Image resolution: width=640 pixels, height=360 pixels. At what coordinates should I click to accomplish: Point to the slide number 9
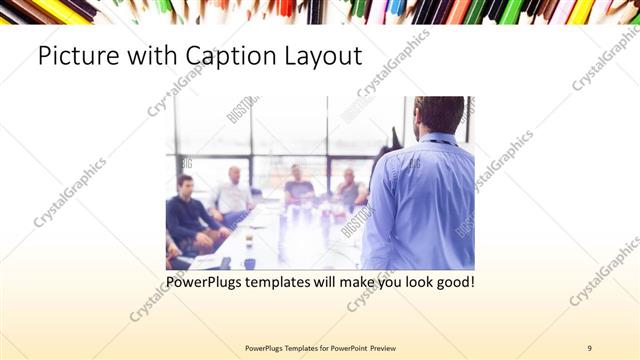tap(590, 348)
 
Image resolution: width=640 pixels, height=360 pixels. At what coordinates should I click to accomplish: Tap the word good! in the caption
tap(455, 283)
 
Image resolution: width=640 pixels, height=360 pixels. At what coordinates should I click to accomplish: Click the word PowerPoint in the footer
tap(346, 348)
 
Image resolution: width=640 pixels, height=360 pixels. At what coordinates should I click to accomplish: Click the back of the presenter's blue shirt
tap(420, 200)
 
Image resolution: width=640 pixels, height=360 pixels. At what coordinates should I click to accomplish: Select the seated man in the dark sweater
tap(188, 215)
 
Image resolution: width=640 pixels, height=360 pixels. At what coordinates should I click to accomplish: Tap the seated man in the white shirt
tap(233, 195)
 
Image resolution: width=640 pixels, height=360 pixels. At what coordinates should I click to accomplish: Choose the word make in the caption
tap(358, 283)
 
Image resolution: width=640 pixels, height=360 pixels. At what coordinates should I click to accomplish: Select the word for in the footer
tap(317, 348)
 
